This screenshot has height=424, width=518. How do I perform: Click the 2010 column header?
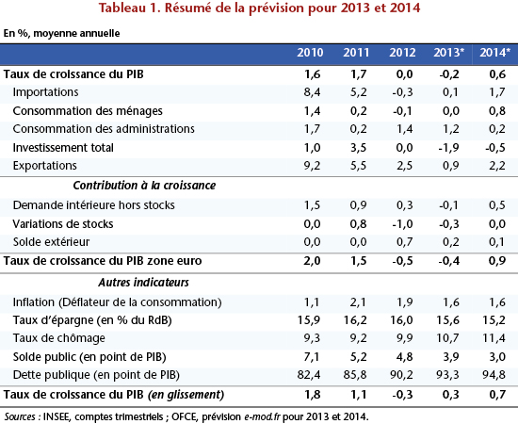310,53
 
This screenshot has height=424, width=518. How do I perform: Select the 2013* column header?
448,53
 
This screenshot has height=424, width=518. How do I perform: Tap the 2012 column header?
402,53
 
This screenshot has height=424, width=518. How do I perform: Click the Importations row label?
45,92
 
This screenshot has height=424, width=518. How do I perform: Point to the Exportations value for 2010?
312,166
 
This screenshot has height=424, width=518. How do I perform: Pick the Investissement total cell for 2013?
448,147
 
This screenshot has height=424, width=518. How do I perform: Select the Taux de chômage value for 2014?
494,338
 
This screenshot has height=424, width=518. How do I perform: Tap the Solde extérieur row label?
51,242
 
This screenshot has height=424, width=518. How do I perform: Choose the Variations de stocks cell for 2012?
402,224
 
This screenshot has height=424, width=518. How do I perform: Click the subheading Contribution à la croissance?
144,186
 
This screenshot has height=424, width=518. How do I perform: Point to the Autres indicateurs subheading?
143,283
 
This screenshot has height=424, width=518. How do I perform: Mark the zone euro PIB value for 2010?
312,261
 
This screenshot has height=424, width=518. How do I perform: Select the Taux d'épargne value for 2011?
354,320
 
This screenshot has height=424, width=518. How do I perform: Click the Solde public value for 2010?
311,357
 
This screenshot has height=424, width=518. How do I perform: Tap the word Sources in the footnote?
20,416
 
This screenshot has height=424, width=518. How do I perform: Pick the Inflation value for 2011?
358,302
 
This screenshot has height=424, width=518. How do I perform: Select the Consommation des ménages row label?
88,111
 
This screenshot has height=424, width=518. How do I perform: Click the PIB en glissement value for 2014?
497,395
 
